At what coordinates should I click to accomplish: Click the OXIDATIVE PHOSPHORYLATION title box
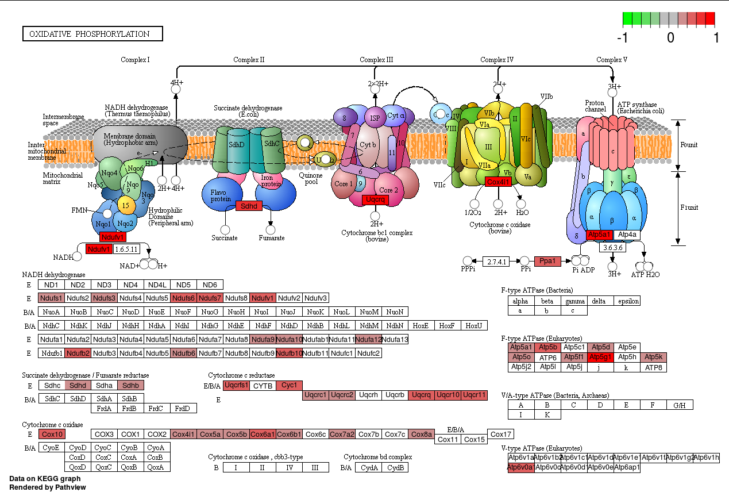click(x=92, y=34)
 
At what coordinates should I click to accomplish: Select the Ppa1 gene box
click(x=547, y=262)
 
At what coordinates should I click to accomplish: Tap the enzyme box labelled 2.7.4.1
click(x=497, y=262)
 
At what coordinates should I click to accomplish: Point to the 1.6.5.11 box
click(x=126, y=249)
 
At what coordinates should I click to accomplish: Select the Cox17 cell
click(x=500, y=434)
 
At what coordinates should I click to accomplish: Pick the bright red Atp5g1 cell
click(x=601, y=357)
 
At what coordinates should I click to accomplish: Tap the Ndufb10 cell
click(x=289, y=352)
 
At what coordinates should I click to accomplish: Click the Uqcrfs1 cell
click(x=236, y=385)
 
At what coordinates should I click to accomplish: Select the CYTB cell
click(x=263, y=385)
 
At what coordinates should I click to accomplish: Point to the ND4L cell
click(x=157, y=285)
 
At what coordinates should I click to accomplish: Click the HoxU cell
click(x=474, y=325)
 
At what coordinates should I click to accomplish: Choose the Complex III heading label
click(x=376, y=60)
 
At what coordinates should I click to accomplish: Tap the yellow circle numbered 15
click(x=126, y=205)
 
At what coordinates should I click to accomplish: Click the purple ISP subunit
click(x=375, y=118)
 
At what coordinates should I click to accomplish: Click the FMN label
click(x=79, y=210)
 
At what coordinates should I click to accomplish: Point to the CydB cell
click(x=395, y=467)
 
